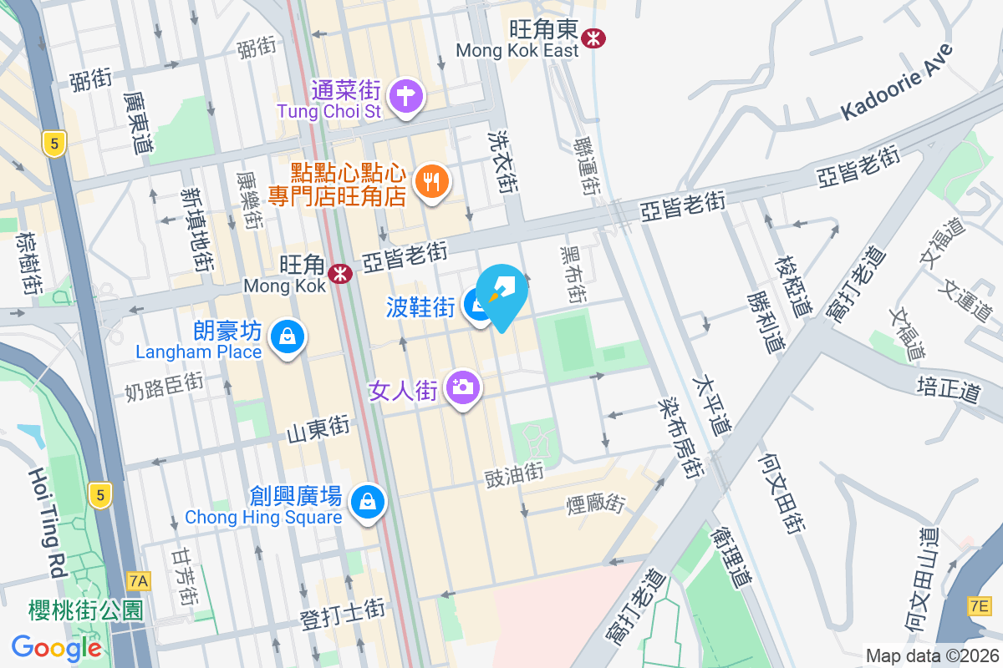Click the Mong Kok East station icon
594,38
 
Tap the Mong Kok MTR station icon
339,274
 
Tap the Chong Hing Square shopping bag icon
366,503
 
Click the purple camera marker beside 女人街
461,387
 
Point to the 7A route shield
139,580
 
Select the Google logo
57,648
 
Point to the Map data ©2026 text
931,655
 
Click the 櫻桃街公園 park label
74,609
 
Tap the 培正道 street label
947,389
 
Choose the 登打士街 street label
343,620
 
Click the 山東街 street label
318,430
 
